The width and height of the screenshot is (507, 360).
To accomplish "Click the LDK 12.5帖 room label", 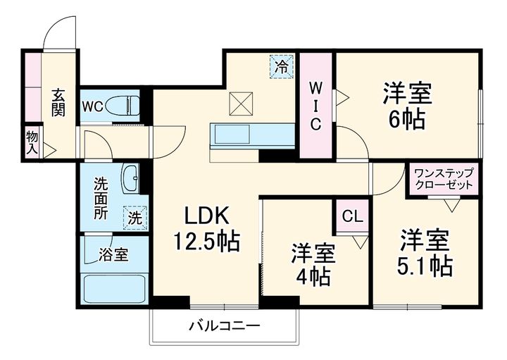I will (x=207, y=229).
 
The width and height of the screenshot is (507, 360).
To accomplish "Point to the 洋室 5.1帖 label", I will (x=425, y=253).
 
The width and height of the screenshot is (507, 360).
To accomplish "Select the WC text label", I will (x=93, y=107).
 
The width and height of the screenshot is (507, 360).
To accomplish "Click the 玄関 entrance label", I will (x=58, y=102).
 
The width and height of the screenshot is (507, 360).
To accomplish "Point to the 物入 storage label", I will (x=32, y=142).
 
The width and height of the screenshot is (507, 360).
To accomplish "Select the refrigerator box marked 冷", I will (x=281, y=68).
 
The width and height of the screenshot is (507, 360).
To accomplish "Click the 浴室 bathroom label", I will (x=113, y=254).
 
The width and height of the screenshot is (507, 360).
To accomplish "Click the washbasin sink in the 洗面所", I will (x=131, y=179).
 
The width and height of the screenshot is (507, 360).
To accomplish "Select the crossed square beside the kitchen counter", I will (x=242, y=106).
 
